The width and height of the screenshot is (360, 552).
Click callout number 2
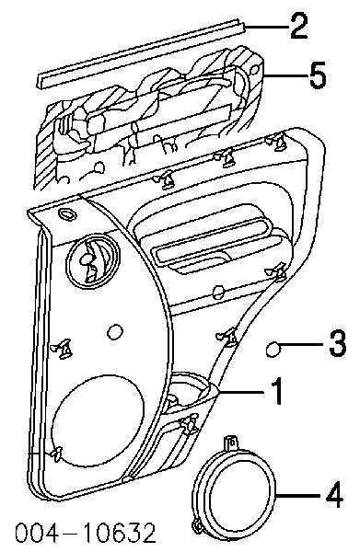[x=298, y=26]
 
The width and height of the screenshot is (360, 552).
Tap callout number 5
[x=318, y=75]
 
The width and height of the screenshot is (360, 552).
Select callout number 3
[x=338, y=343]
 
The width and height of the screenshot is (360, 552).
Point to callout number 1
[x=277, y=391]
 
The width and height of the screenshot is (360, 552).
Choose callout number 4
[x=334, y=495]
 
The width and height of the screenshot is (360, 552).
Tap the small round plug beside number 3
[x=273, y=350]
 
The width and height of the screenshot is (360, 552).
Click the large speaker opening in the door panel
[x=98, y=422]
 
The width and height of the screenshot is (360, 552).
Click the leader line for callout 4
[x=299, y=495]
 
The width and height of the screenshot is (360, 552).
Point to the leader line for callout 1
[x=243, y=391]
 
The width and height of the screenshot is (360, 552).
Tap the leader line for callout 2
[x=266, y=26]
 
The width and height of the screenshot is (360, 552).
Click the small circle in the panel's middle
[x=115, y=331]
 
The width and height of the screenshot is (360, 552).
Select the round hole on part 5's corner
[x=254, y=68]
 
